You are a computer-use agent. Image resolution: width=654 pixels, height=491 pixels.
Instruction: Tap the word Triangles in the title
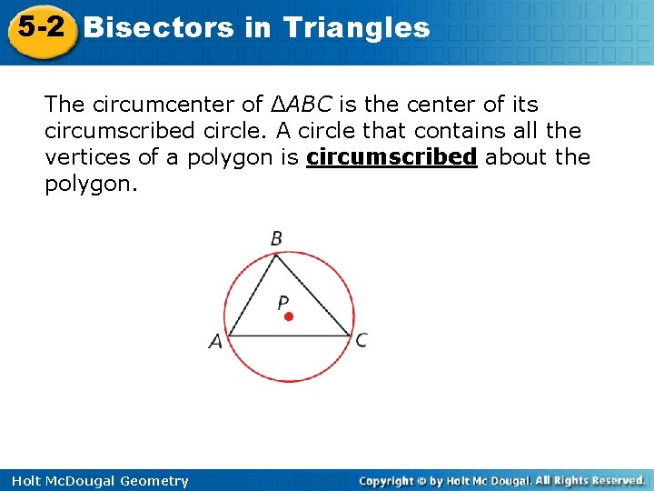click(x=356, y=27)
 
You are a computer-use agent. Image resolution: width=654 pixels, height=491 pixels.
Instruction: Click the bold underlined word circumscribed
click(x=391, y=157)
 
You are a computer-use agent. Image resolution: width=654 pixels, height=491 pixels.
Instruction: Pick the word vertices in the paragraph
click(x=87, y=157)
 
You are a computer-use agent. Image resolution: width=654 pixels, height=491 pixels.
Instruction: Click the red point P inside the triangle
click(x=288, y=317)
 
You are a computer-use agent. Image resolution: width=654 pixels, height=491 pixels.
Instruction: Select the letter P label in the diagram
click(x=283, y=302)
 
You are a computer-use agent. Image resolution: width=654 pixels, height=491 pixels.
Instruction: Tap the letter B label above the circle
click(x=276, y=238)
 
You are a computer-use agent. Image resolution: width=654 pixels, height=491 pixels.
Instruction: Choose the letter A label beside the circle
click(x=214, y=343)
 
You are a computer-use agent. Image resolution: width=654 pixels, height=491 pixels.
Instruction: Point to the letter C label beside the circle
click(x=362, y=340)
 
